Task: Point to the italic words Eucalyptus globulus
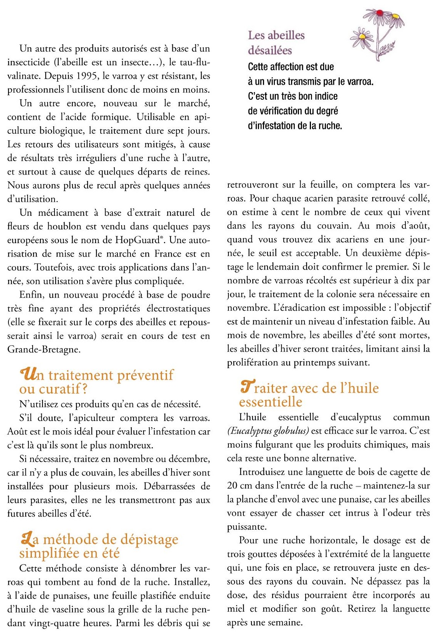pos(268,431)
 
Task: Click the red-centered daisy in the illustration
pos(380,13)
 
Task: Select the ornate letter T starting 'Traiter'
pos(246,387)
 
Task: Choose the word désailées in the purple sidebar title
pos(270,50)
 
